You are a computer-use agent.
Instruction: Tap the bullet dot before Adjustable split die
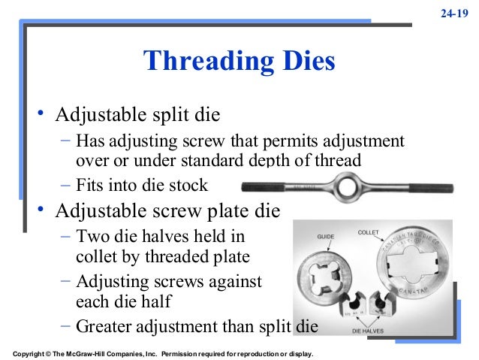point(43,116)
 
